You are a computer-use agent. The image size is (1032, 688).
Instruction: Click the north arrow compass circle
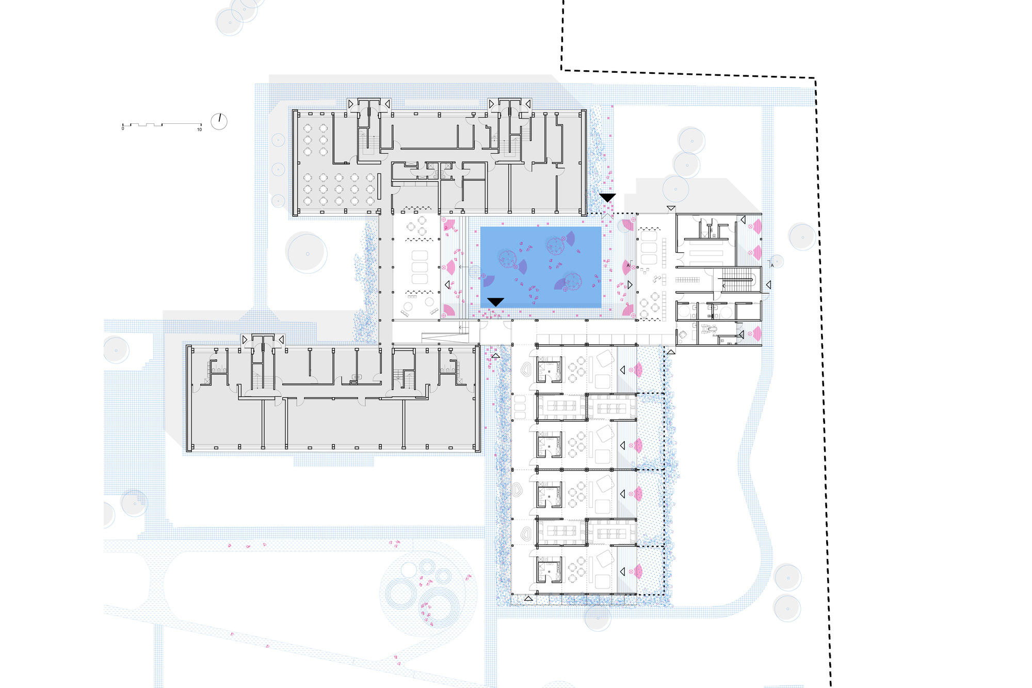[219, 121]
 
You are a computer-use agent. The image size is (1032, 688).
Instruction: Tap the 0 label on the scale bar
[123, 129]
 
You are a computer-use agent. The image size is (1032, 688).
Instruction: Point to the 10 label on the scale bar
[199, 130]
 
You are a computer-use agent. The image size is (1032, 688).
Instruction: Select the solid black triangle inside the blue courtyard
[495, 301]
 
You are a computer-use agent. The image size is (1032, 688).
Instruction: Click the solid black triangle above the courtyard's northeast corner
[607, 198]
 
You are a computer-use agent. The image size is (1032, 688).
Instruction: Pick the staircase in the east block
[737, 279]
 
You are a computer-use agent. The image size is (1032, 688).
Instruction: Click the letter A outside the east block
[772, 265]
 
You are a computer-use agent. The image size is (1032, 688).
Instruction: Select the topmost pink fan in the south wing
[638, 370]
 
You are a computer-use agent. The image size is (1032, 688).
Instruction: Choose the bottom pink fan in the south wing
[638, 571]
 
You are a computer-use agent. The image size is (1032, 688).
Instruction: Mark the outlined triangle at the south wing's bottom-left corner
[528, 598]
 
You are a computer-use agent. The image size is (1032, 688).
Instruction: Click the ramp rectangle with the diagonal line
[445, 338]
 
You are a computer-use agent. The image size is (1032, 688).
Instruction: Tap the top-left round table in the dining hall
[308, 128]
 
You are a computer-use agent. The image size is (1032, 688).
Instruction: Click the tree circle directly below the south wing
[598, 618]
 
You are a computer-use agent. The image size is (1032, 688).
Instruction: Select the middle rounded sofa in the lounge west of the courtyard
[420, 267]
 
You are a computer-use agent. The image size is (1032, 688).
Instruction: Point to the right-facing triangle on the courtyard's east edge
[630, 285]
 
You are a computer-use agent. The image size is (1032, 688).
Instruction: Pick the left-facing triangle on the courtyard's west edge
[447, 285]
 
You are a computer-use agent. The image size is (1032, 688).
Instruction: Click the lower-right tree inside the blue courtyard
[573, 281]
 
